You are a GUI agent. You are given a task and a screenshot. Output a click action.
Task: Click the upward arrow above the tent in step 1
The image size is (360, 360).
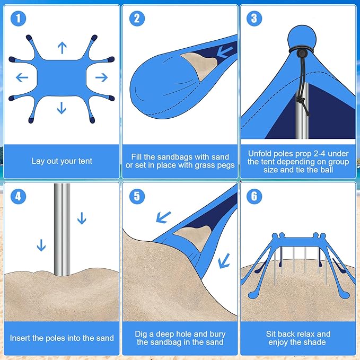[62, 48]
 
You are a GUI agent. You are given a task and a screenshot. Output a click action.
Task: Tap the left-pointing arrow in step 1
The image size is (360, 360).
[22, 77]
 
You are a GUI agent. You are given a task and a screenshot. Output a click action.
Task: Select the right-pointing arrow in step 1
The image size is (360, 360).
[101, 77]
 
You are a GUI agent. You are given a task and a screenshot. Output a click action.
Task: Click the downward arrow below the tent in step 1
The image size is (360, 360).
[62, 108]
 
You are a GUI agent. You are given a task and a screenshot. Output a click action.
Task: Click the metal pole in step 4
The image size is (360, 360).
[62, 228]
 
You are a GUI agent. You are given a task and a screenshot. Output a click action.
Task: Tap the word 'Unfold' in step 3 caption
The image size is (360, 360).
[261, 153]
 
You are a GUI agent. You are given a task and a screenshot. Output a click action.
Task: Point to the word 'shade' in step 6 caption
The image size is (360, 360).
[315, 342]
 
